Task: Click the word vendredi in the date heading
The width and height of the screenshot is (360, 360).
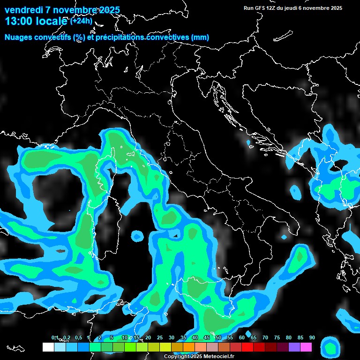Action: (23, 10)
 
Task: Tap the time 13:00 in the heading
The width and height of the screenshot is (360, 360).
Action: (19, 21)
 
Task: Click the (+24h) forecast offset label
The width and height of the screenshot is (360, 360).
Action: (81, 21)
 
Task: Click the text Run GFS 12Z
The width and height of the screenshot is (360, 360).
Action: (258, 8)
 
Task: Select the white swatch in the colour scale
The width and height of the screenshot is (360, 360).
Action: (48, 347)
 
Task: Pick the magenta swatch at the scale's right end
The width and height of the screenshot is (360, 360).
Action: (306, 347)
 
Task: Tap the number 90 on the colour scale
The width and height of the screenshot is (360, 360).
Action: (312, 337)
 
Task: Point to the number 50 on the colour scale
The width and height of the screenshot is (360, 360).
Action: (218, 337)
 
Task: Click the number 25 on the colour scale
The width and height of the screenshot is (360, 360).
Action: (160, 337)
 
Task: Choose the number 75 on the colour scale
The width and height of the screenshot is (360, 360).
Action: (277, 337)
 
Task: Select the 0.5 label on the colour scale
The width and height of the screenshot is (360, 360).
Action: (78, 337)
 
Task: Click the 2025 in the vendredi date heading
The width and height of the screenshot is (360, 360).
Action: (109, 10)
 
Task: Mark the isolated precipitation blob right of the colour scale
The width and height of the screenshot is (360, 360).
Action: (330, 348)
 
